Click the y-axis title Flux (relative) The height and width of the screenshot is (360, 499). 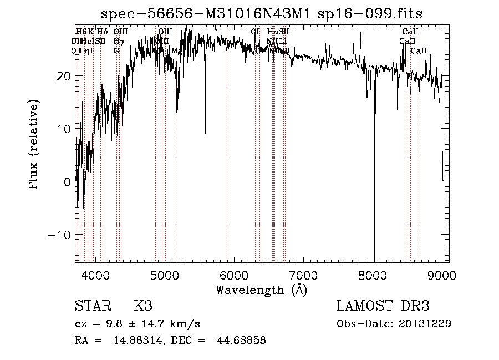click(x=34, y=145)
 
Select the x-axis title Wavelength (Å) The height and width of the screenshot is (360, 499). click(x=261, y=290)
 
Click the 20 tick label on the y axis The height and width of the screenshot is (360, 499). click(x=63, y=76)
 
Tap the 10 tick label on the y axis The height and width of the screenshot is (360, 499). click(x=63, y=129)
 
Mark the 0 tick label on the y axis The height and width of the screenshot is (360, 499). click(x=67, y=181)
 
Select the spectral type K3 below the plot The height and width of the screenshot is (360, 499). click(x=143, y=306)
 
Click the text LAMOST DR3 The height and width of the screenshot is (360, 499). click(x=383, y=306)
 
